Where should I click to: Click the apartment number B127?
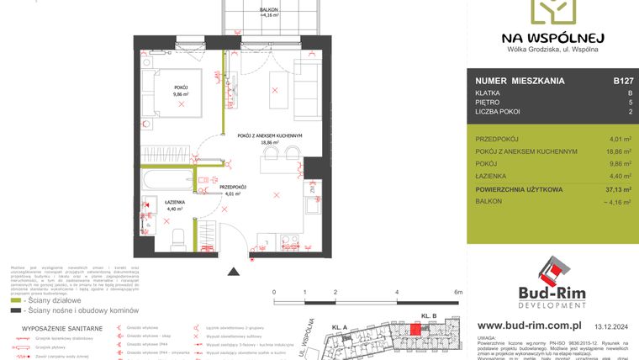pyautogui.click(x=622, y=81)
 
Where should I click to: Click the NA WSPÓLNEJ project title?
pyautogui.click(x=552, y=37)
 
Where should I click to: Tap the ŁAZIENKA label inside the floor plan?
pyautogui.click(x=176, y=202)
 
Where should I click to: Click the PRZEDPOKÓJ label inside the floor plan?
pyautogui.click(x=232, y=188)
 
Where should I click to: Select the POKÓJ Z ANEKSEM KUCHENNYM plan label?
pyautogui.click(x=269, y=136)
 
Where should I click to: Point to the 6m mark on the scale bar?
pyautogui.click(x=458, y=292)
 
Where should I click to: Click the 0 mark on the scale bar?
pyautogui.click(x=275, y=292)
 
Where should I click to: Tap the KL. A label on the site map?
pyautogui.click(x=340, y=326)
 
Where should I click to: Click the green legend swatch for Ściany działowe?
pyautogui.click(x=16, y=299)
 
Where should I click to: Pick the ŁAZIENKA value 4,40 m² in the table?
pyautogui.click(x=621, y=175)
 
